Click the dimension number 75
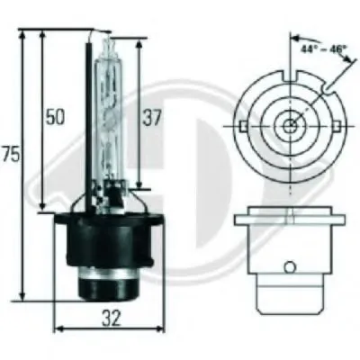(11, 155)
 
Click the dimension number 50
(55, 117)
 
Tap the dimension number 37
(152, 117)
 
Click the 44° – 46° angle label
(323, 48)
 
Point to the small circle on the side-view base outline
(290, 266)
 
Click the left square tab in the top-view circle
(243, 126)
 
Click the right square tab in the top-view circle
(337, 126)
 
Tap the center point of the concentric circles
(290, 126)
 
